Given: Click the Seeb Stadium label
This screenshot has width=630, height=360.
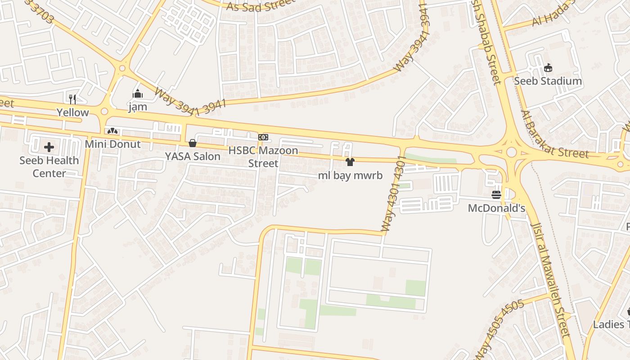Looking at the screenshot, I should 548,81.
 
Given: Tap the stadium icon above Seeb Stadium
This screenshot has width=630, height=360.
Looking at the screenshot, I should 548,68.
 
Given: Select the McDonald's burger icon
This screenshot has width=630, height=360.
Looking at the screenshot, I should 496,195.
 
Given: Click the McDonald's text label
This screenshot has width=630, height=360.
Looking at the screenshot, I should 496,208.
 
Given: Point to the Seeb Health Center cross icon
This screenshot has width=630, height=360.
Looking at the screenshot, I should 49,147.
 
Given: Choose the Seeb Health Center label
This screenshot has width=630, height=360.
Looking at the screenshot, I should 49,166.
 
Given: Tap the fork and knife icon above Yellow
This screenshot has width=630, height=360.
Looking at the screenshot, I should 72,99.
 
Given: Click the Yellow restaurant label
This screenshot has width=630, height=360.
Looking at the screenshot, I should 72,112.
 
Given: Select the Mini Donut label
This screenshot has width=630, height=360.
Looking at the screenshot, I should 113,144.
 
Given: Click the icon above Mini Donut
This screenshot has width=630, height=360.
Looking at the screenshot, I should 112,131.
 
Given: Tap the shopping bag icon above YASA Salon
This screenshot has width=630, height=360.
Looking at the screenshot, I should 193,143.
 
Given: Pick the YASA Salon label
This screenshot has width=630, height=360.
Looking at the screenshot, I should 193,156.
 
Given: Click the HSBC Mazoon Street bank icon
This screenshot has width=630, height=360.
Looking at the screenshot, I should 263,137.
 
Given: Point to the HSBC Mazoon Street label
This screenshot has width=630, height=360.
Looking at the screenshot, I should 263,156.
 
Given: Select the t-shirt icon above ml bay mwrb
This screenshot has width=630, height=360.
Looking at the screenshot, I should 350,162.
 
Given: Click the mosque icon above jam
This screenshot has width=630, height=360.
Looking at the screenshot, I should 138,94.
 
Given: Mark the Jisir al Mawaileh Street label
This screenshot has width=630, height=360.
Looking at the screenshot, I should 550,279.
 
